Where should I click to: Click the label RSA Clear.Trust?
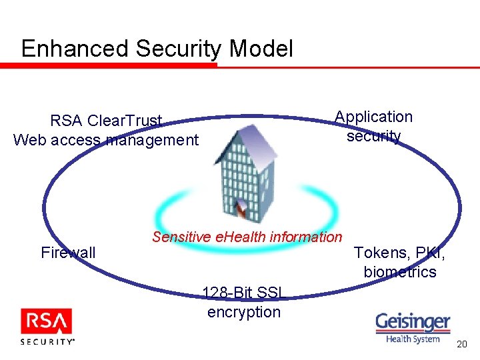pos(106,121)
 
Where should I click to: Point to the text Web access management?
pos(106,140)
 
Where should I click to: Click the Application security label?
pos(373,126)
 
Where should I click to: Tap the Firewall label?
pos(68,253)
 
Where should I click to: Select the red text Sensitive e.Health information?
pos(247,237)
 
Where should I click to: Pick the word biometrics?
pos(400,272)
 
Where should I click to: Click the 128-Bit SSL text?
pos(243,292)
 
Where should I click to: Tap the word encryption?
pos(244,311)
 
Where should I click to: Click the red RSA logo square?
pos(46,323)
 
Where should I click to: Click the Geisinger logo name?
pos(413,323)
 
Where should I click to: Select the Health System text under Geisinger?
pos(413,338)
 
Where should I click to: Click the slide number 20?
pos(462,344)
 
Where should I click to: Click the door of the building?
pos(241,209)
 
